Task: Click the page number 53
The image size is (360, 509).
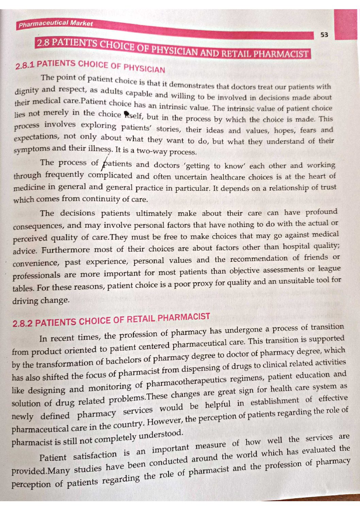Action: click(324, 35)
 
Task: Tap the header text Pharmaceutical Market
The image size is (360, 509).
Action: click(55, 24)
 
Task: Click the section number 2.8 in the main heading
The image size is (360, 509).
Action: click(43, 43)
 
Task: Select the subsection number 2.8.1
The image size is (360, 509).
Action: click(25, 65)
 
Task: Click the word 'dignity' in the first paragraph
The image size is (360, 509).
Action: click(27, 91)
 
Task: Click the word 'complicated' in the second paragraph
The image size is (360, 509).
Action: click(110, 175)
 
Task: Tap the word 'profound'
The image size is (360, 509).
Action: click(321, 212)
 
